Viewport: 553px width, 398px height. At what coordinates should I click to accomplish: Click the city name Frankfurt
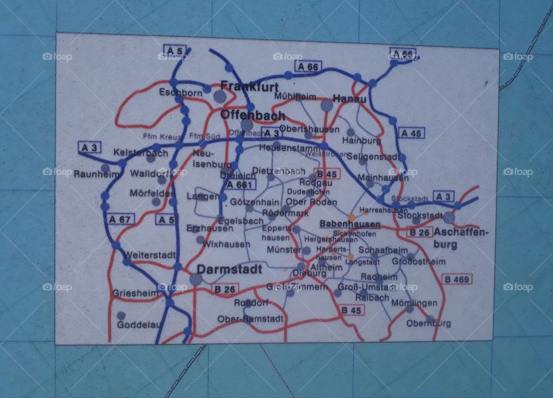pyautogui.click(x=249, y=86)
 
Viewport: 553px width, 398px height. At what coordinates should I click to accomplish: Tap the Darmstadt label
pyautogui.click(x=229, y=269)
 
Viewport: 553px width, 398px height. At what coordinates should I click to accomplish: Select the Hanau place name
pyautogui.click(x=350, y=99)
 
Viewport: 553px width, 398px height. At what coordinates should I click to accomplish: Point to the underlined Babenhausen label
pyautogui.click(x=350, y=224)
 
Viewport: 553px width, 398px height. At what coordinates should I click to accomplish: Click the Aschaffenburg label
pyautogui.click(x=461, y=238)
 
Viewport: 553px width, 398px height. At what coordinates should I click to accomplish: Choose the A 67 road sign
pyautogui.click(x=121, y=219)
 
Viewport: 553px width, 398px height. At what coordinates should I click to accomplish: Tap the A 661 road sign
pyautogui.click(x=240, y=185)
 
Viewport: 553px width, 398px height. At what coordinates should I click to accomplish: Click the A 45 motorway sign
pyautogui.click(x=412, y=133)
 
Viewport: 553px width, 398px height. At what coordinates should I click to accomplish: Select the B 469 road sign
pyautogui.click(x=457, y=279)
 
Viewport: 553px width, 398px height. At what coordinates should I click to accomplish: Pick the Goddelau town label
pyautogui.click(x=139, y=324)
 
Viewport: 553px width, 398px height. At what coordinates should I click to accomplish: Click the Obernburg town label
pyautogui.click(x=429, y=323)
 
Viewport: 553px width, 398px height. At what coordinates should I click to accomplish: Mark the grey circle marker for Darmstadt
pyautogui.click(x=196, y=279)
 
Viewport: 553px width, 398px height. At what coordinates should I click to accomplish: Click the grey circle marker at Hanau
pyautogui.click(x=327, y=105)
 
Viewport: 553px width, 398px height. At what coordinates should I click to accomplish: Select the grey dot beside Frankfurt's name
pyautogui.click(x=219, y=96)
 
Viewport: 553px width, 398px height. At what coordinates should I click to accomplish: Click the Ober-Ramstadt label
pyautogui.click(x=251, y=319)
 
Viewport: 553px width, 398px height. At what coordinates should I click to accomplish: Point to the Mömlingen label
pyautogui.click(x=414, y=303)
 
